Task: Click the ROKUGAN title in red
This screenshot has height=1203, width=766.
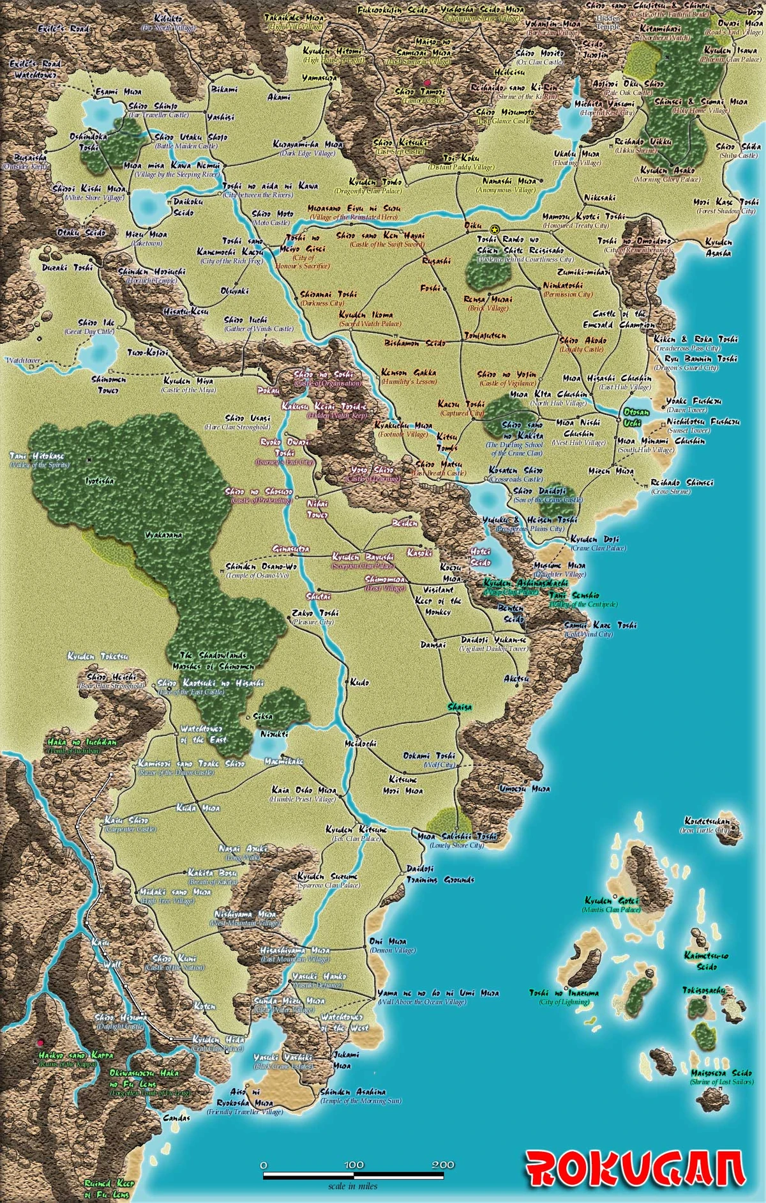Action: pyautogui.click(x=636, y=1169)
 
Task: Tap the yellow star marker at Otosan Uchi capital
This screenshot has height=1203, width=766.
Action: pyautogui.click(x=493, y=229)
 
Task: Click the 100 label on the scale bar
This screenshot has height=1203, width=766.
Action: pyautogui.click(x=353, y=1165)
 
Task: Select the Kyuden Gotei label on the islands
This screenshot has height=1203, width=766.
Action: pyautogui.click(x=612, y=900)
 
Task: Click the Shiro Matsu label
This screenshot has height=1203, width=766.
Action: pyautogui.click(x=439, y=464)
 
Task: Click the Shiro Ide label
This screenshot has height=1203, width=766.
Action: pyautogui.click(x=96, y=323)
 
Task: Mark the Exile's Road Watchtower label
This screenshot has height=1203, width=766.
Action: pyautogui.click(x=35, y=69)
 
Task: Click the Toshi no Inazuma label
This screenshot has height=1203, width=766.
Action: pyautogui.click(x=564, y=993)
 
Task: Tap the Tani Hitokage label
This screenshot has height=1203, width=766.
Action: pyautogui.click(x=37, y=456)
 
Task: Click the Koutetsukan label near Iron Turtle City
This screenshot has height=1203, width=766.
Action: pyautogui.click(x=706, y=821)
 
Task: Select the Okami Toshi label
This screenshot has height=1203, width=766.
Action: pyautogui.click(x=429, y=756)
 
